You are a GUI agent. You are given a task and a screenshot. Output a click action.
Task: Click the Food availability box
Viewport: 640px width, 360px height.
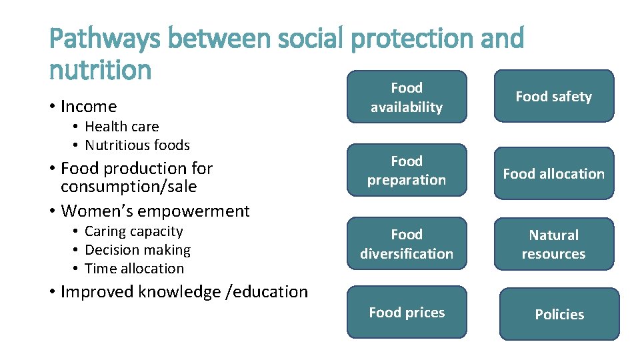click(x=407, y=97)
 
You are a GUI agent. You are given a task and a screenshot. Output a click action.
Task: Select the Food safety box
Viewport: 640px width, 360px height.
click(x=553, y=97)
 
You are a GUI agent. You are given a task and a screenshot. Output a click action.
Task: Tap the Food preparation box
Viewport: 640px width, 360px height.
click(x=407, y=171)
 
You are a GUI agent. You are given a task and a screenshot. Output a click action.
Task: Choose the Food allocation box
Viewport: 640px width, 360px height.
click(x=553, y=174)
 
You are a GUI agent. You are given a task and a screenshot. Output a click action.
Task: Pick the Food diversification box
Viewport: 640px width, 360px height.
click(x=407, y=244)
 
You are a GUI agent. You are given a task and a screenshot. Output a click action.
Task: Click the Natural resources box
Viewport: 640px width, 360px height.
click(x=553, y=245)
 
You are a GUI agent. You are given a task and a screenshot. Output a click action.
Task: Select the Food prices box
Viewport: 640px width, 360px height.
click(x=407, y=313)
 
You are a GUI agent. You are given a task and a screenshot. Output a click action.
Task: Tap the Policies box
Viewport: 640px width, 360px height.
click(x=559, y=315)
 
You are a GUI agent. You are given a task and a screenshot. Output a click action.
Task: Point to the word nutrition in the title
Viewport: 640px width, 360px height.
click(x=101, y=69)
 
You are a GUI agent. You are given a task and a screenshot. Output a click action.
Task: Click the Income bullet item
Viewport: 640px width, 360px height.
click(x=88, y=107)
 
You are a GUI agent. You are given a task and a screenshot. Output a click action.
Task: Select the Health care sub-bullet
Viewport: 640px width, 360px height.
click(x=121, y=127)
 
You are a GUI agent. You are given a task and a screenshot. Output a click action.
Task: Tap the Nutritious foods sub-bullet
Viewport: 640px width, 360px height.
click(x=137, y=145)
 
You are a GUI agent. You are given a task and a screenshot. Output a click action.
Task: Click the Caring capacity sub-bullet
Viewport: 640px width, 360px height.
click(x=133, y=231)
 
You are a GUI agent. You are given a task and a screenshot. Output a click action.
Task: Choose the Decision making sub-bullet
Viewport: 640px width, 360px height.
click(x=137, y=250)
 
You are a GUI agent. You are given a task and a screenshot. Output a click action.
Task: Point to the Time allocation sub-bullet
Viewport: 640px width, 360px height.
click(x=134, y=269)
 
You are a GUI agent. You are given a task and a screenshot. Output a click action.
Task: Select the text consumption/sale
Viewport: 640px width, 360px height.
click(x=129, y=187)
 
